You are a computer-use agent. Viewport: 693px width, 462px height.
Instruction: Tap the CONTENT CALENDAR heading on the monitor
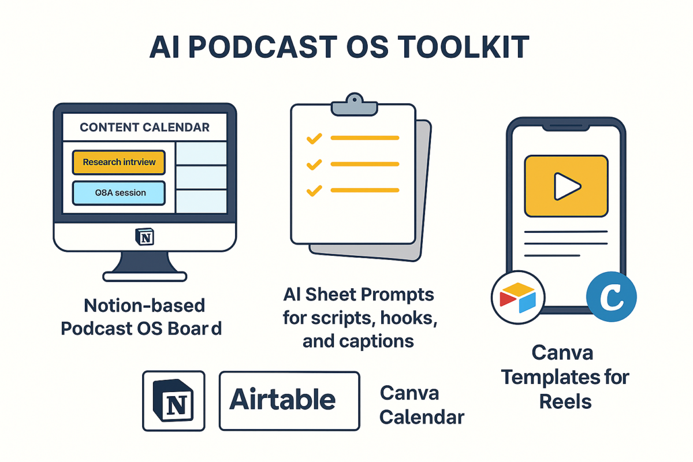click(144, 127)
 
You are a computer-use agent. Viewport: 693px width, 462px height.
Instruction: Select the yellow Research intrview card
click(119, 162)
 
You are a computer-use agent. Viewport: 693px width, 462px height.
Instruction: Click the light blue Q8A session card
click(119, 193)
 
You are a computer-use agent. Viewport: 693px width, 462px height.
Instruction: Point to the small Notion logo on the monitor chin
click(145, 237)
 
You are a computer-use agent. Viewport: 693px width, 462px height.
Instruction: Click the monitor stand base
click(144, 276)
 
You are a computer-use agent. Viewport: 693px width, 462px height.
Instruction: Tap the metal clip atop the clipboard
click(355, 105)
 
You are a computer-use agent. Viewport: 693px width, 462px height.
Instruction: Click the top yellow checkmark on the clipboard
click(314, 139)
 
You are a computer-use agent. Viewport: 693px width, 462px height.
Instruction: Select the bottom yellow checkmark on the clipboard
click(314, 191)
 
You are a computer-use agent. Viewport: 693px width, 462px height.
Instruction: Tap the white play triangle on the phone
click(566, 187)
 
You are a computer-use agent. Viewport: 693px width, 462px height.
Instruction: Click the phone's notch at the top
click(566, 128)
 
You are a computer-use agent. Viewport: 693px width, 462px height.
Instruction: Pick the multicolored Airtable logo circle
click(518, 297)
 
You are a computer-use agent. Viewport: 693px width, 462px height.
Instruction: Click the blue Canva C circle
click(612, 297)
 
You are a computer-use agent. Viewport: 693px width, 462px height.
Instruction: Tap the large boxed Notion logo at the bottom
click(174, 401)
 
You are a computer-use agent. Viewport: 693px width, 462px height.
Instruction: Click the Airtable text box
click(289, 401)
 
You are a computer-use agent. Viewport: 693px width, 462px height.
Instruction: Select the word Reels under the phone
click(565, 402)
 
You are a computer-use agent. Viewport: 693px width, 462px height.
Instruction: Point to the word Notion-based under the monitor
click(144, 305)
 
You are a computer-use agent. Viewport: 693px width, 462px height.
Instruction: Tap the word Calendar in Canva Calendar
click(422, 417)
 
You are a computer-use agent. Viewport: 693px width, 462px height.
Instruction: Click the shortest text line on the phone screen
click(552, 256)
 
